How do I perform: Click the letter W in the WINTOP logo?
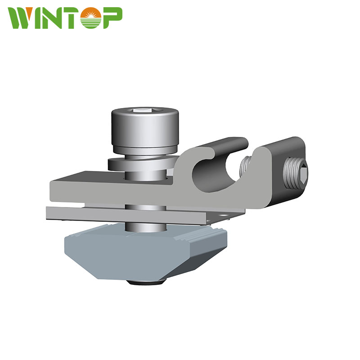pyautogui.click(x=23, y=18)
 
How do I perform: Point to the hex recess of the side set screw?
pyautogui.click(x=303, y=172)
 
